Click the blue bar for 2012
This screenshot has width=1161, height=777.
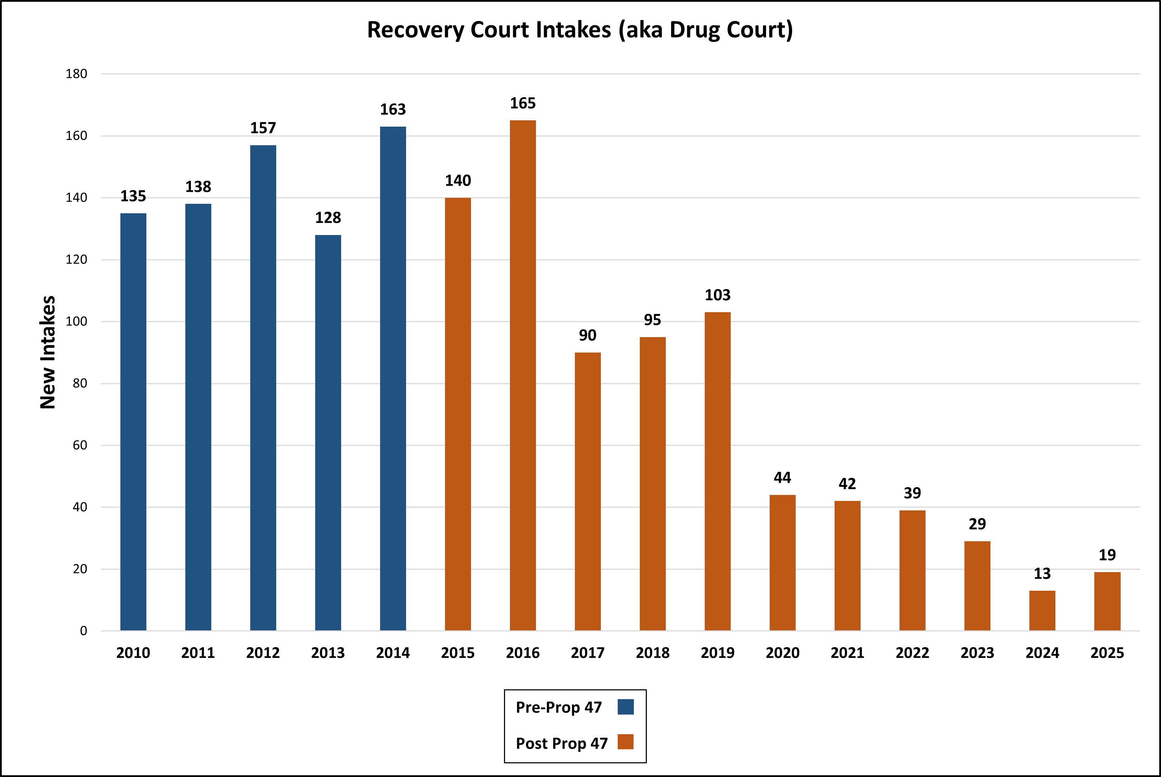click(x=263, y=388)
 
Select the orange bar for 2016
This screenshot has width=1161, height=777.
click(x=523, y=375)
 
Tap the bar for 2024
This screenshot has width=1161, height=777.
click(x=1042, y=610)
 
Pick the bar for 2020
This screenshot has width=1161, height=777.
click(x=782, y=562)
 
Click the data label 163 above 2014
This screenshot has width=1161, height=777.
click(x=393, y=109)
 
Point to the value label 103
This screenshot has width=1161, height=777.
click(x=717, y=295)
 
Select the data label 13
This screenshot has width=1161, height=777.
click(x=1042, y=573)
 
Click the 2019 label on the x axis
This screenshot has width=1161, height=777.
click(x=717, y=652)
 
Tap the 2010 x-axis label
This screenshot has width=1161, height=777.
click(x=133, y=652)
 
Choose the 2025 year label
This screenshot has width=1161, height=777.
click(x=1107, y=652)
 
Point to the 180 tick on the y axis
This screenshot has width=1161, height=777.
click(x=77, y=74)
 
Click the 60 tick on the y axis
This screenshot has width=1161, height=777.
click(x=79, y=445)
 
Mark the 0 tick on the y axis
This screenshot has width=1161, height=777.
click(x=83, y=631)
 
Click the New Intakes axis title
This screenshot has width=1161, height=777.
click(x=48, y=352)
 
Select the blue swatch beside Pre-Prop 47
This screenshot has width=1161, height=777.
click(x=626, y=706)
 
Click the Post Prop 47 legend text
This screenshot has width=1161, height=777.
click(x=562, y=743)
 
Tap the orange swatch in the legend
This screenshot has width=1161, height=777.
click(x=626, y=742)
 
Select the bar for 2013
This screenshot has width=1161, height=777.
click(x=328, y=433)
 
